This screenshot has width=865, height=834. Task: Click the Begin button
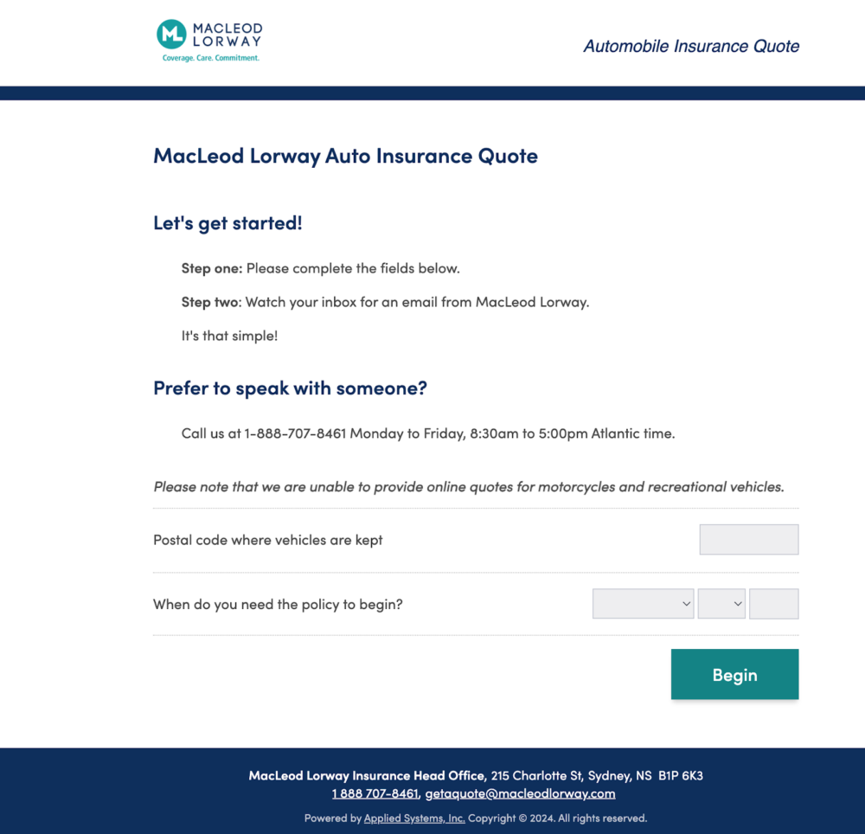tap(734, 675)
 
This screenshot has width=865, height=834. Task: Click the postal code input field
tap(748, 540)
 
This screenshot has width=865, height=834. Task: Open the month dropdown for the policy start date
tap(643, 604)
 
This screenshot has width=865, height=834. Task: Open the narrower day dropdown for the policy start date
tap(721, 604)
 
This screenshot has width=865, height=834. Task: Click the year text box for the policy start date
tap(773, 604)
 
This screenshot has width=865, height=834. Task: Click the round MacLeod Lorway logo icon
tap(172, 35)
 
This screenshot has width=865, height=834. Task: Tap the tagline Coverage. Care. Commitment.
tap(211, 58)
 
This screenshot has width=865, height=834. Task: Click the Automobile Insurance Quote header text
tap(691, 46)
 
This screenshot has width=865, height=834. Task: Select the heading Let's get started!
tap(227, 223)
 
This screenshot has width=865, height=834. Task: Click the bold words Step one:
tap(212, 268)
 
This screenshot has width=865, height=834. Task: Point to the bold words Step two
tap(210, 302)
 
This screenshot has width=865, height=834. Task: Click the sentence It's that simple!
tap(229, 336)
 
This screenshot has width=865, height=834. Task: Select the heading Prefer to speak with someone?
tap(290, 388)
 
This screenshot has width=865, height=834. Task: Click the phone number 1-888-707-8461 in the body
tap(295, 433)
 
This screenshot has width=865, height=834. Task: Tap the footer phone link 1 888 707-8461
tap(375, 793)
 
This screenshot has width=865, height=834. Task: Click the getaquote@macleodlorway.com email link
tap(520, 793)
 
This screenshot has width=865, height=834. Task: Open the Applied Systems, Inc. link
tap(414, 818)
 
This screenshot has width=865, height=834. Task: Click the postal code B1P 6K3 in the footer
tap(681, 775)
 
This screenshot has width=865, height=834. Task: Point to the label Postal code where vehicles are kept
tap(267, 540)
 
